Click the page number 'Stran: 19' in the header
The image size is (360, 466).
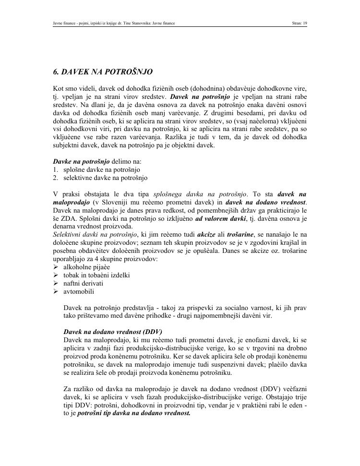coord(299,23)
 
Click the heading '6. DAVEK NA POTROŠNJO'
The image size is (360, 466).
coord(103,72)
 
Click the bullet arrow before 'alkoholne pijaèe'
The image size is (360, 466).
coord(56,267)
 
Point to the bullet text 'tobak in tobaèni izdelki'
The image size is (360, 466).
coord(96,275)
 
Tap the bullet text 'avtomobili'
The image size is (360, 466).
coord(79,291)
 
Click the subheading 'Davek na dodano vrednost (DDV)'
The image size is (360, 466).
coord(113,332)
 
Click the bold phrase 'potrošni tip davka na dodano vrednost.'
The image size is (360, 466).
coord(134,412)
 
